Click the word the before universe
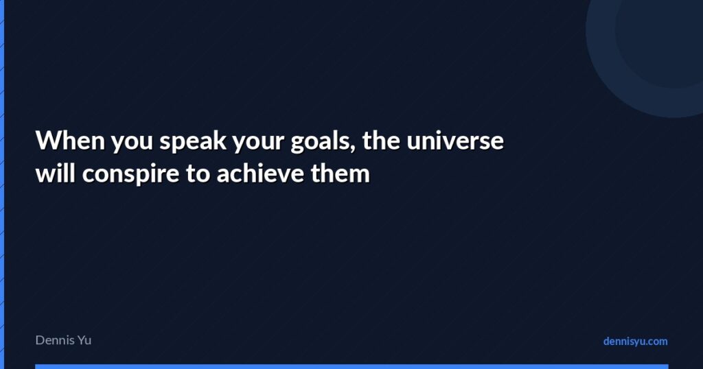pos(381,141)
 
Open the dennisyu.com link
pos(635,341)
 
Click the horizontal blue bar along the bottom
pos(351,366)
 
